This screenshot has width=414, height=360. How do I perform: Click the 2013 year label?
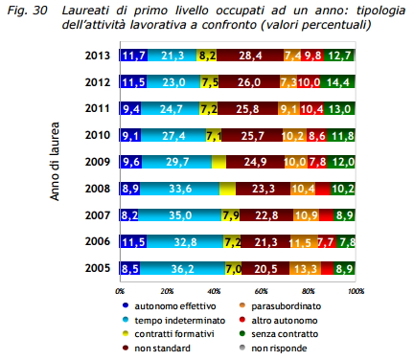pyautogui.click(x=97, y=57)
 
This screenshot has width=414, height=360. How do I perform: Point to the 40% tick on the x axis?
pyautogui.click(x=214, y=288)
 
